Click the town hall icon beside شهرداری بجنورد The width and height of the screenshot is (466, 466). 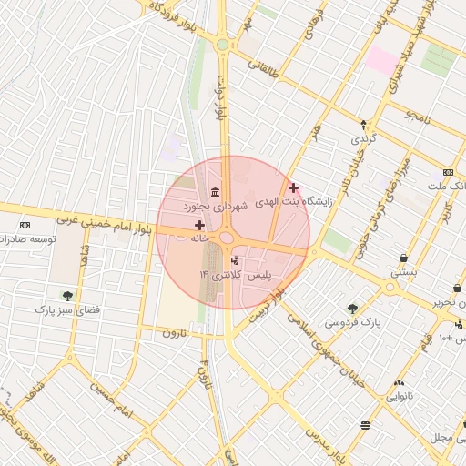[214, 192]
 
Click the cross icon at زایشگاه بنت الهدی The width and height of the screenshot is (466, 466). [293, 187]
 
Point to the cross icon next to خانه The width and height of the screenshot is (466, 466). [199, 224]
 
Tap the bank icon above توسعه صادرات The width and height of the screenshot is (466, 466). [25, 225]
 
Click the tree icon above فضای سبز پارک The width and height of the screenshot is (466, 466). [67, 295]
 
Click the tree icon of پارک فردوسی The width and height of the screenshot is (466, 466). [352, 309]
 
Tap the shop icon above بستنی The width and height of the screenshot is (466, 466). [403, 258]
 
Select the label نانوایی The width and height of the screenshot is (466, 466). [401, 396]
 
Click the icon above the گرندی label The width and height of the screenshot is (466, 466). [364, 124]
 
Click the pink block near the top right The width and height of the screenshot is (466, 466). [382, 62]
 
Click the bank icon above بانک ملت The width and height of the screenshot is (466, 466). [448, 171]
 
